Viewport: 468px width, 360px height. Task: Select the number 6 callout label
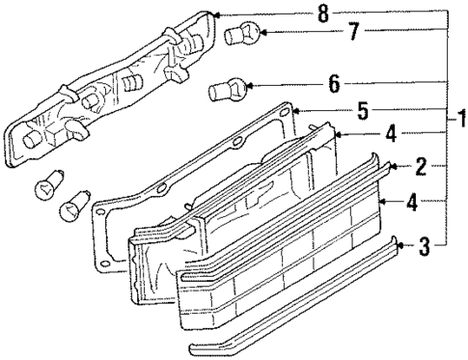coord(334,84)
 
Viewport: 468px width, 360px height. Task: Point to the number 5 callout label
coord(362,112)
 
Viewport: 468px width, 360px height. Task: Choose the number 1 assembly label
coord(461,121)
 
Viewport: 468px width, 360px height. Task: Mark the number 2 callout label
coord(422,167)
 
